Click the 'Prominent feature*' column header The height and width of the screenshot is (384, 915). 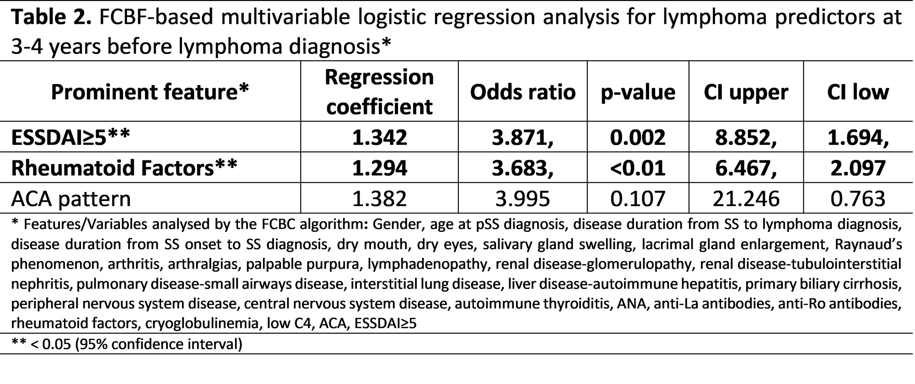[150, 92]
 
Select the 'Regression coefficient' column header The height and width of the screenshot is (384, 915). [379, 92]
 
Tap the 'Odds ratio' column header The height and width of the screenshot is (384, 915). [522, 92]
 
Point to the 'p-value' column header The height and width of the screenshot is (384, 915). [638, 92]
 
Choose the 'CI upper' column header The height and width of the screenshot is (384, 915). [746, 92]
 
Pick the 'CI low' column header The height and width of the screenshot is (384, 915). [858, 92]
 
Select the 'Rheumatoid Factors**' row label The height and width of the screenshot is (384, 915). [124, 168]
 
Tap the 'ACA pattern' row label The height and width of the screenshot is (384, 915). [71, 198]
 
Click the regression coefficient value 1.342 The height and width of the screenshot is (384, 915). [379, 137]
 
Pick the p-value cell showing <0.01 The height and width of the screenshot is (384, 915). [638, 168]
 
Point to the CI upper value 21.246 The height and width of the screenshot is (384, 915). [746, 198]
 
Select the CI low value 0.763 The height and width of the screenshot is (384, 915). [858, 198]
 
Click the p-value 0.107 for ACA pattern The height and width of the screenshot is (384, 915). [638, 198]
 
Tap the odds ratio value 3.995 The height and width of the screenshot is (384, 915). [522, 198]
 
